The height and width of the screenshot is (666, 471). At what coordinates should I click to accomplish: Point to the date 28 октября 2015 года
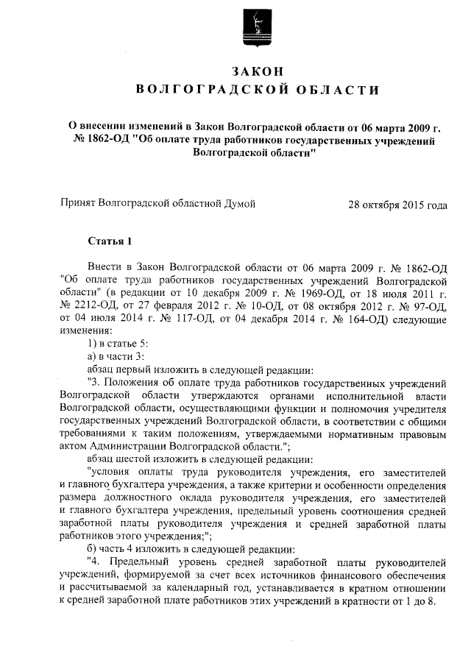coord(397,204)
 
